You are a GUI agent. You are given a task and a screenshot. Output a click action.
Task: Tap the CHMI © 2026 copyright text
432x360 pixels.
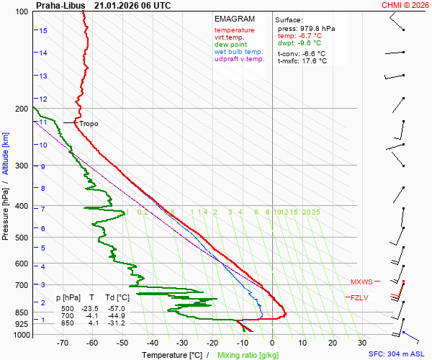click(x=405, y=5)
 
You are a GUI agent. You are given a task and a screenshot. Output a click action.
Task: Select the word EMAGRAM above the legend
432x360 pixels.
click(x=235, y=19)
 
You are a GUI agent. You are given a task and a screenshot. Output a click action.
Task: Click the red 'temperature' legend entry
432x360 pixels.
click(x=234, y=30)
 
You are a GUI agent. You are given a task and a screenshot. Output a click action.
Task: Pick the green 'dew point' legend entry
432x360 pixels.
click(x=230, y=45)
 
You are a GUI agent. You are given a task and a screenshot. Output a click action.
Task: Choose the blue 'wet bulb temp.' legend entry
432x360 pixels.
click(x=239, y=52)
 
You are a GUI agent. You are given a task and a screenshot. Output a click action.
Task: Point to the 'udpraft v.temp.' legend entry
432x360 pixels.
click(x=240, y=59)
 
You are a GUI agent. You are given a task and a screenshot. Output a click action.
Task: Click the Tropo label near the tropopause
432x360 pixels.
click(x=89, y=124)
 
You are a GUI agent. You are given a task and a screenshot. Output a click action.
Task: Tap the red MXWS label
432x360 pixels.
click(x=361, y=282)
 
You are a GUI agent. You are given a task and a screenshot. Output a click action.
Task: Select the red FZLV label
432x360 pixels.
click(x=359, y=297)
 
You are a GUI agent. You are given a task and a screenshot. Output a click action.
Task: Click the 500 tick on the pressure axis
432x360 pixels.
click(x=21, y=238)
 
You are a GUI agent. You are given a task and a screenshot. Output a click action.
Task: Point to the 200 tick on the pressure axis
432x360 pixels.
click(x=21, y=109)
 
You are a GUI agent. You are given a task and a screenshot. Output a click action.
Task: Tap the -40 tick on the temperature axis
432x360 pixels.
click(x=152, y=344)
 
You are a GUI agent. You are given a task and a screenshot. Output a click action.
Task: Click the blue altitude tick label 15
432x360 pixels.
click(x=43, y=30)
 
